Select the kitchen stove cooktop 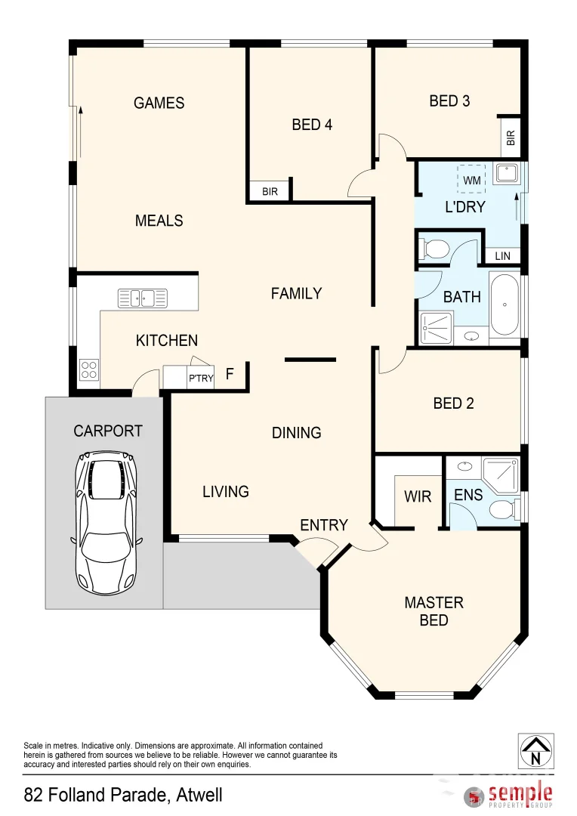88,370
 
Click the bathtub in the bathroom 504,305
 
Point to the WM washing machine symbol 471,181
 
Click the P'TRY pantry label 200,379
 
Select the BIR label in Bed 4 270,192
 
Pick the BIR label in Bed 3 511,138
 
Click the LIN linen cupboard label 503,256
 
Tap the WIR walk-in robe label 418,496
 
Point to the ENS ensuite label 468,496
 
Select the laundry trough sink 504,174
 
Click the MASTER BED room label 434,611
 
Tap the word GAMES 159,103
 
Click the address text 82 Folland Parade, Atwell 123,795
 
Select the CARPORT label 108,431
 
